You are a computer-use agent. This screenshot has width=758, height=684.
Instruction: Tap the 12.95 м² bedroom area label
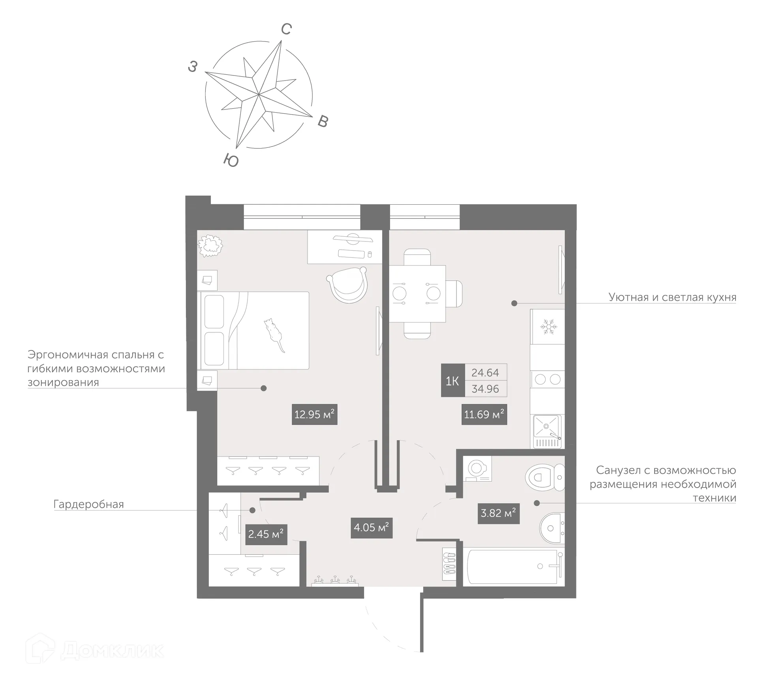314,415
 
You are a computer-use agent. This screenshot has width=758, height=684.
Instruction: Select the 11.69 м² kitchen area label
484,414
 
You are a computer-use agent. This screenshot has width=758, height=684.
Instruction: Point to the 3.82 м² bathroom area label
498,513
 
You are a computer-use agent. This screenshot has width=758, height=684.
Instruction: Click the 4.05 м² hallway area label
371,528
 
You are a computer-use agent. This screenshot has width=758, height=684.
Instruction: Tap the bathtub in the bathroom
513,566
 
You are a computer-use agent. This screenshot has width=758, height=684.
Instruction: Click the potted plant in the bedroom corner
210,245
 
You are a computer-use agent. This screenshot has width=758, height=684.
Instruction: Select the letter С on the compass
286,29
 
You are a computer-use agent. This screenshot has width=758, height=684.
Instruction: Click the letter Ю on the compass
231,160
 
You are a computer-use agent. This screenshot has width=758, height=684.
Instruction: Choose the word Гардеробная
89,504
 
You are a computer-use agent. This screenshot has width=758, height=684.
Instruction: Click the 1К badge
452,381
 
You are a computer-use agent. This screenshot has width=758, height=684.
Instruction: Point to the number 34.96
485,389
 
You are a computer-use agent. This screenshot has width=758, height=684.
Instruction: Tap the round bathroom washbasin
552,528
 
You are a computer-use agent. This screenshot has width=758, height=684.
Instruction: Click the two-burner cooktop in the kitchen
547,379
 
